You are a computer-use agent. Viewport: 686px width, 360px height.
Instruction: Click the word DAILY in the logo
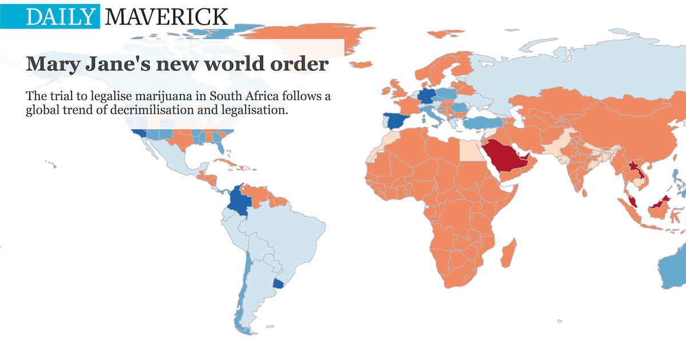[x=59, y=17]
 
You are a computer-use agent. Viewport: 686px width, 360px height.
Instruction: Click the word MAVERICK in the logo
[x=167, y=17]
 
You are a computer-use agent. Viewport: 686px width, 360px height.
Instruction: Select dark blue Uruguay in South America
[x=279, y=283]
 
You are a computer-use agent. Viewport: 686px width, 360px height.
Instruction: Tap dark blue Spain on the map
[x=396, y=121]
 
